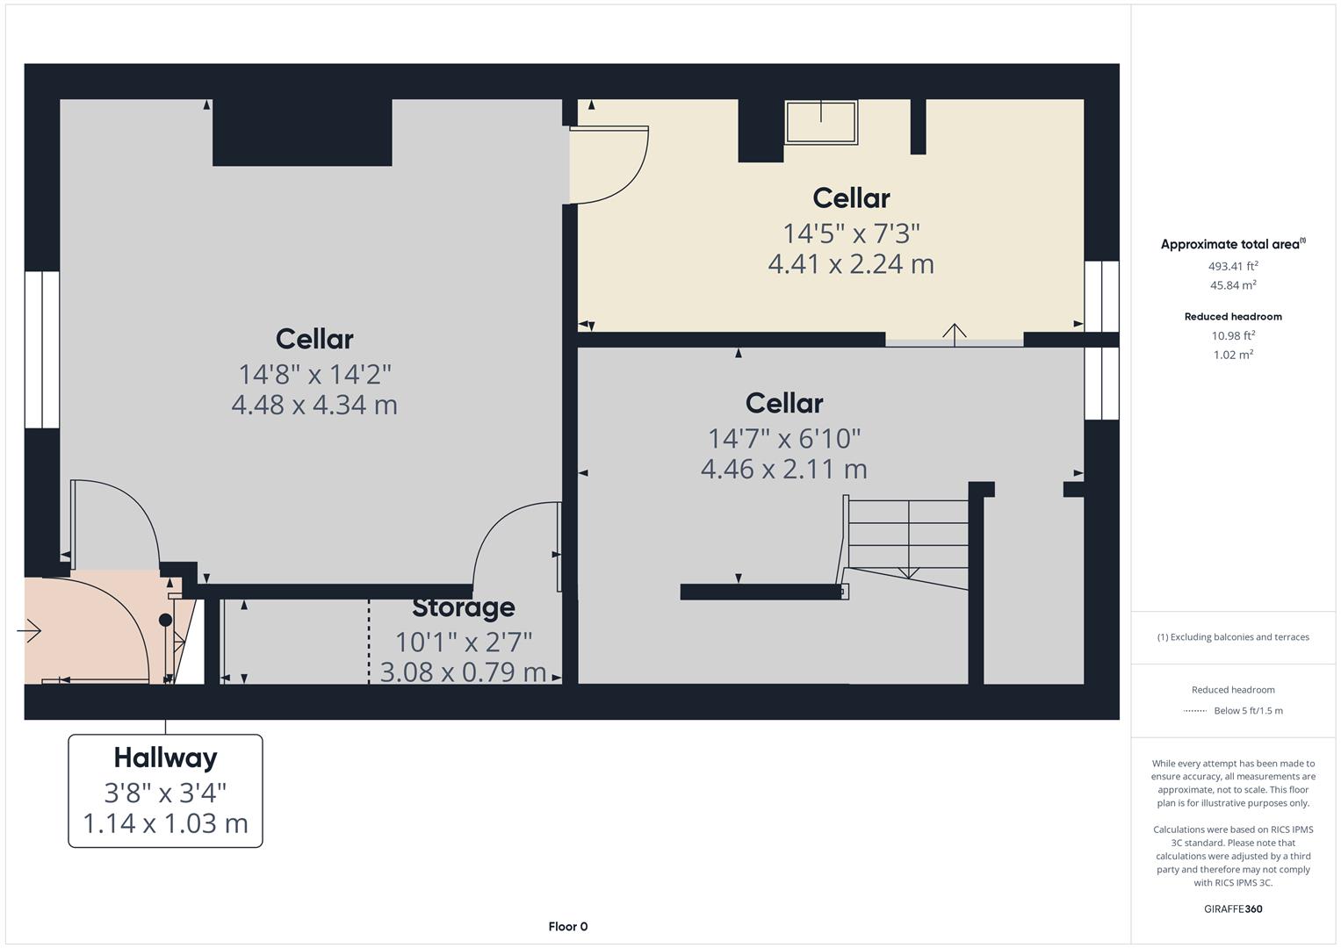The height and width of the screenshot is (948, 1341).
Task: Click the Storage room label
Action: [x=463, y=607]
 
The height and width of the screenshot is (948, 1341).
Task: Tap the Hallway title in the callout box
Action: [x=165, y=758]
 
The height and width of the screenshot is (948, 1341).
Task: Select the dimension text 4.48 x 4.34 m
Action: [x=314, y=405]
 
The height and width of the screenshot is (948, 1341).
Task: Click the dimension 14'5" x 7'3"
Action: [x=851, y=233]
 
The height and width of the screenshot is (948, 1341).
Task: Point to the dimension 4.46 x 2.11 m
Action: [x=783, y=469]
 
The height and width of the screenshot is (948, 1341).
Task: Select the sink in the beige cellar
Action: [x=820, y=122]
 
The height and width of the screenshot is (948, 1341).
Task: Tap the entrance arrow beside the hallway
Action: [x=29, y=630]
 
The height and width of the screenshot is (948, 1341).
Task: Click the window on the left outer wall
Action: [x=41, y=349]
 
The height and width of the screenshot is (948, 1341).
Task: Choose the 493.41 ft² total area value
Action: [x=1233, y=266]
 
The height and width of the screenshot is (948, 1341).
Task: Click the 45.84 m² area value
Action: [x=1233, y=285]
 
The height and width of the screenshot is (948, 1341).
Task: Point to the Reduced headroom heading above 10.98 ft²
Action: [x=1233, y=317]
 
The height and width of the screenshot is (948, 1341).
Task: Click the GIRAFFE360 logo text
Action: [x=1233, y=908]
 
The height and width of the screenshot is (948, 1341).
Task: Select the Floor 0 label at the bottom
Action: [x=567, y=926]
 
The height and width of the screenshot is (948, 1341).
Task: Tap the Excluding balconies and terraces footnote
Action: [x=1233, y=637]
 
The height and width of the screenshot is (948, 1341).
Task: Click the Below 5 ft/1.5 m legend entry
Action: [x=1248, y=711]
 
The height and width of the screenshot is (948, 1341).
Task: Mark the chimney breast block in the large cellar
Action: [x=302, y=133]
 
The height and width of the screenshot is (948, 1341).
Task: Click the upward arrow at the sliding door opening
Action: [x=955, y=332]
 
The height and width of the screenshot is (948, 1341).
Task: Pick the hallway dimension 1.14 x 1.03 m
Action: [x=165, y=823]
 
